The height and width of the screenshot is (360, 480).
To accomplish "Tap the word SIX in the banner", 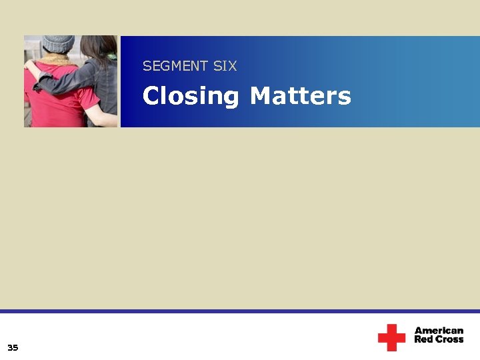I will coord(225,66).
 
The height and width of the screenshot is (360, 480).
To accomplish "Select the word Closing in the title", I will coord(191,97).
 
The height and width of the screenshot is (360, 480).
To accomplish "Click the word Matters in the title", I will coord(300,96).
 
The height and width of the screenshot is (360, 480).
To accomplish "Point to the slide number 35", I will coord(13,347).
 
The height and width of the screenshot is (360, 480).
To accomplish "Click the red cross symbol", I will coord(391,337).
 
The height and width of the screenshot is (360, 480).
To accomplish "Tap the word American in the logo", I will coord(439,331).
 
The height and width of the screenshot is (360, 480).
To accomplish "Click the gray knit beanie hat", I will coord(58,44).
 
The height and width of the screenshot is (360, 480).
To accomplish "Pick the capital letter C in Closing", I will coord(151,96).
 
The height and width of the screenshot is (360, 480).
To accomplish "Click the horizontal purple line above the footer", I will coord(240,311).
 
